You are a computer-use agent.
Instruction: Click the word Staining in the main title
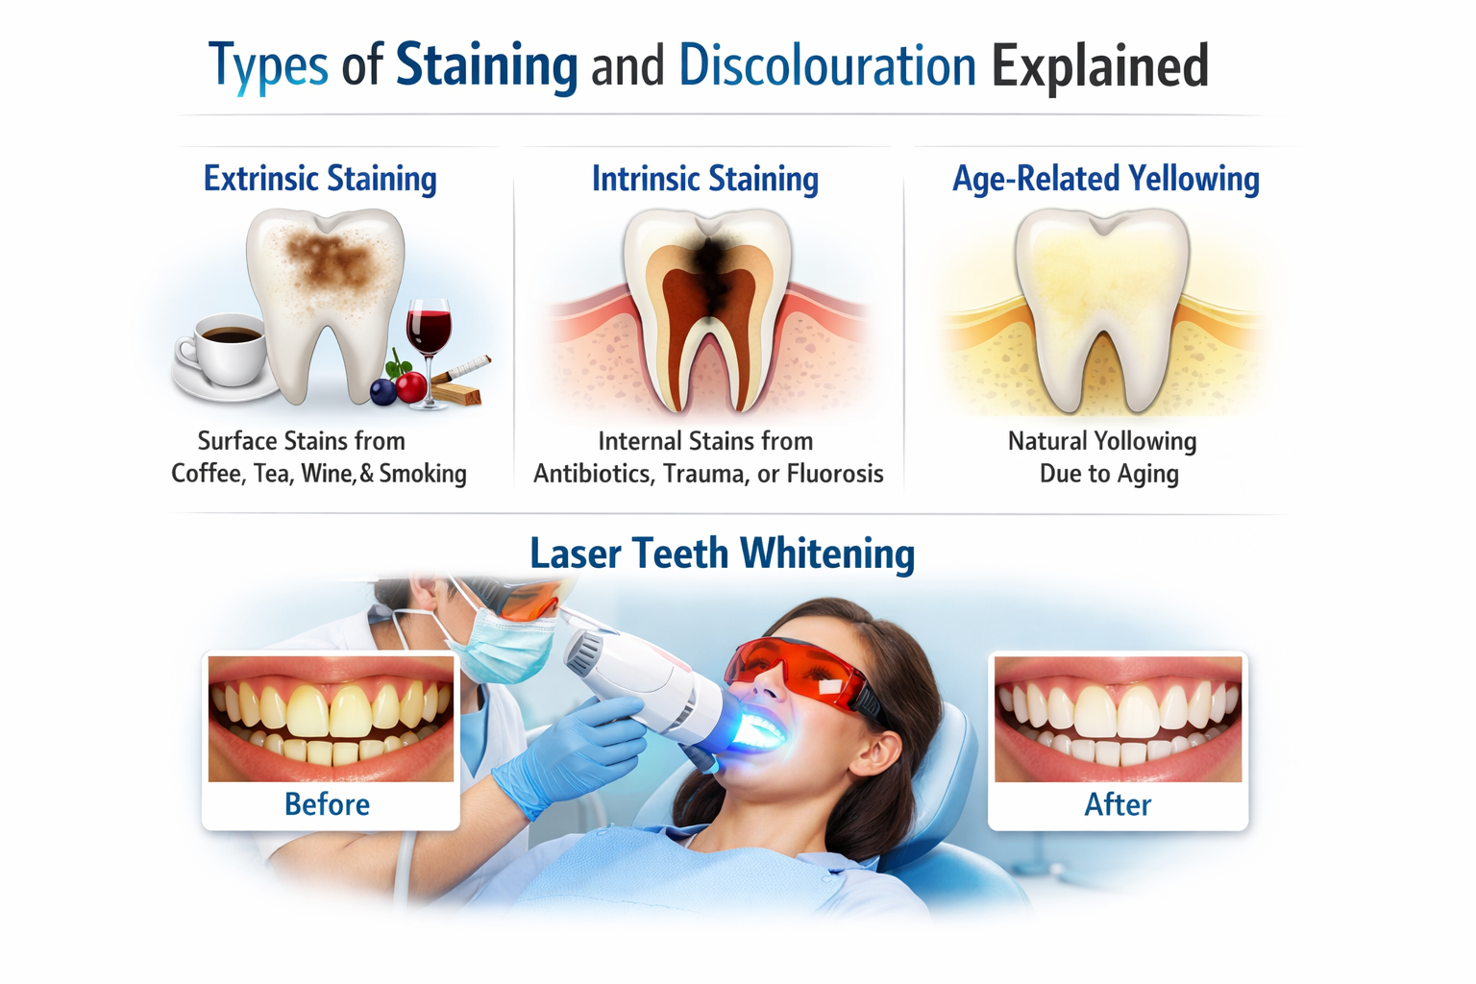pos(486,66)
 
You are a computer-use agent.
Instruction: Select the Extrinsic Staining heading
pos(320,179)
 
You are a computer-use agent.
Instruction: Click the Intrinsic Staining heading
pos(705,179)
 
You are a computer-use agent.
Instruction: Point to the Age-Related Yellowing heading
pos(1106,179)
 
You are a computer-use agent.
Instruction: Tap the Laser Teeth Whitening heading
pos(723,553)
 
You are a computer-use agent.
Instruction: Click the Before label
pos(327,804)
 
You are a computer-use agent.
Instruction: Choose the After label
pos(1118,804)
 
